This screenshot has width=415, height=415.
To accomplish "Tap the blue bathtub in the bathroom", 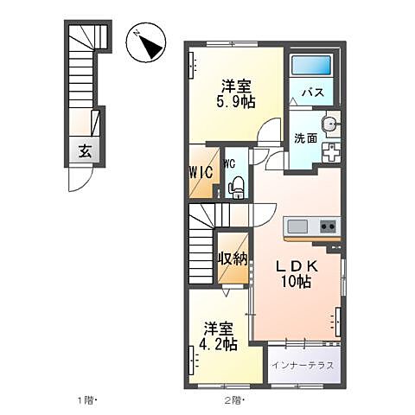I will [x=311, y=67].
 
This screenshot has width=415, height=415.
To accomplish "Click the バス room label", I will [x=311, y=93].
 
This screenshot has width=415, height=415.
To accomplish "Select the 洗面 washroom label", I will [x=303, y=138].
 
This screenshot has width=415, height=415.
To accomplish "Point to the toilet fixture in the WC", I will [x=236, y=185].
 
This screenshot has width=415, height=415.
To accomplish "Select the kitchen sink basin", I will [x=297, y=227].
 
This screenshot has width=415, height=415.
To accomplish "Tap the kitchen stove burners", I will [x=329, y=227].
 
